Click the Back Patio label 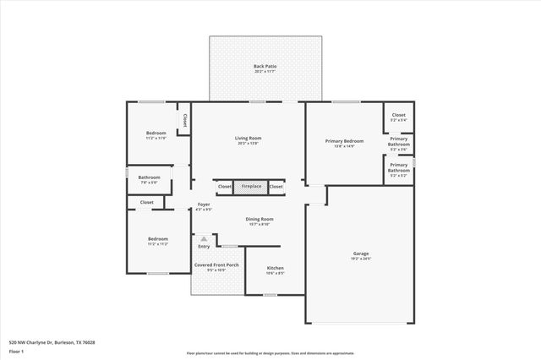coord(265,66)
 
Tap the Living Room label coord(248,138)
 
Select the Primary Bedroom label coord(344,141)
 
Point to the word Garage coord(360,254)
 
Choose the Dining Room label coord(260,219)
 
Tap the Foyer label coord(204,205)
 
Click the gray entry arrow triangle coord(204,239)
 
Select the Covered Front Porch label coord(216,265)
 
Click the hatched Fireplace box coord(251,186)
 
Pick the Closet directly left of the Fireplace coord(225,186)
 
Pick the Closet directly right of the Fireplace coord(276,186)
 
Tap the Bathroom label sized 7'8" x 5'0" coord(149,177)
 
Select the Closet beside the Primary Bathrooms coord(398,115)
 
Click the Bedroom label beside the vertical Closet coord(156,134)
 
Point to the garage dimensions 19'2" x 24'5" coord(360,259)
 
